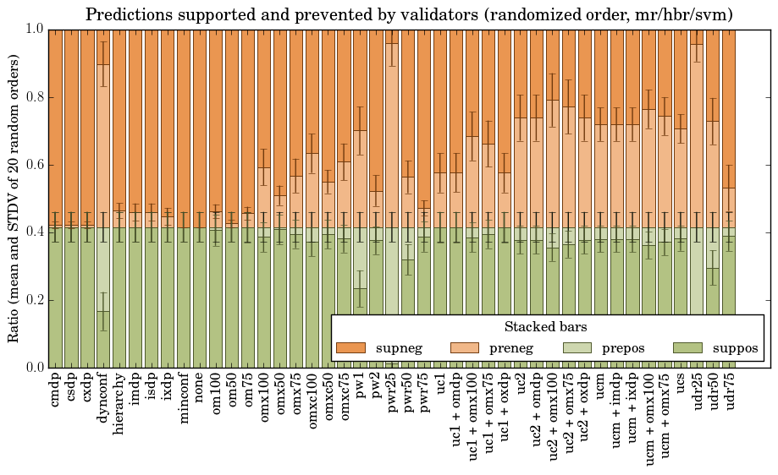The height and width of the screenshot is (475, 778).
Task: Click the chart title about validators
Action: pos(409,14)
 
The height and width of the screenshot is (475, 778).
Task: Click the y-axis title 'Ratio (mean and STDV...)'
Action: pos(14,198)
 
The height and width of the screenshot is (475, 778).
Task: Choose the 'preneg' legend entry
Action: pos(509,348)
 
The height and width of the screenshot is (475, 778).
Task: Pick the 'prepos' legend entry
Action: pos(622,348)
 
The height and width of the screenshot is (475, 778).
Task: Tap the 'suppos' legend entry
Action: pos(735,348)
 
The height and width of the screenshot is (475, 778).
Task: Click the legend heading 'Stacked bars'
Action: pos(546,327)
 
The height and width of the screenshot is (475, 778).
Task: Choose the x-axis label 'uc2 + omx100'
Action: pos(553,413)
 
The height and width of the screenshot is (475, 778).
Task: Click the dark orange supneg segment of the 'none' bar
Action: pos(200,127)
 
